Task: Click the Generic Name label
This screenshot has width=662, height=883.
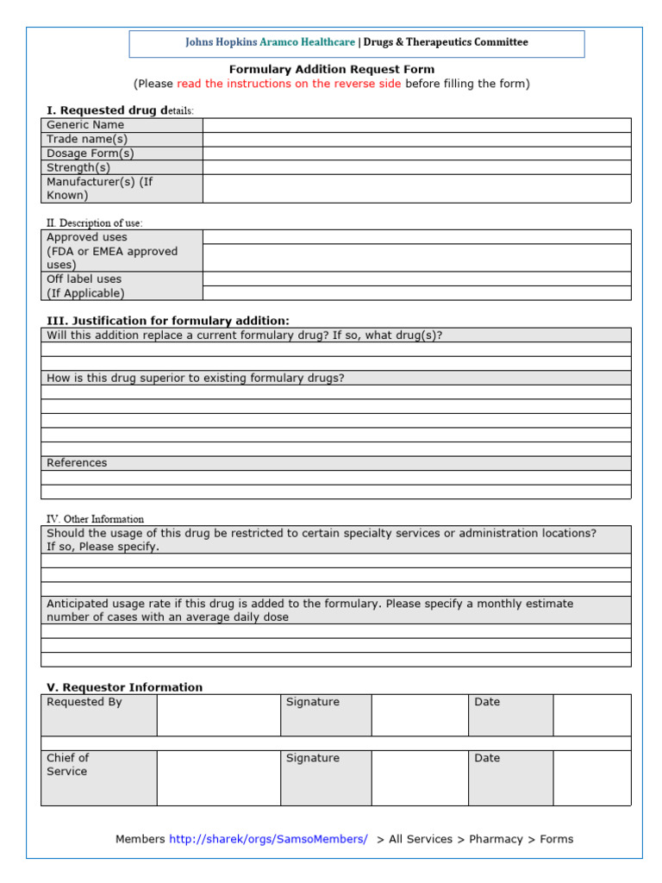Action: [x=85, y=125]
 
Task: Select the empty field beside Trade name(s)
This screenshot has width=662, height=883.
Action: [x=416, y=139]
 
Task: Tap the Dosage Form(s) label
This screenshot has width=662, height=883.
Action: [x=90, y=153]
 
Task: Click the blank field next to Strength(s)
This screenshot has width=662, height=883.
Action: [x=416, y=167]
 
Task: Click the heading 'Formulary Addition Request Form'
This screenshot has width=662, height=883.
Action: [x=331, y=69]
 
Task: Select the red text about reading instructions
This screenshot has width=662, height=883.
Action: [x=289, y=84]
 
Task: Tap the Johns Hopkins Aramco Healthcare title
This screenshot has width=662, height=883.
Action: [x=270, y=42]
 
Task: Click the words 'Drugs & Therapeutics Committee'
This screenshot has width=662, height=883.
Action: [x=446, y=42]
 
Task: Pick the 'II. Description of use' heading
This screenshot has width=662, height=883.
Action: [x=95, y=222]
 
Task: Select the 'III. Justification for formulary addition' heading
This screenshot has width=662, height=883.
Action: [x=167, y=321]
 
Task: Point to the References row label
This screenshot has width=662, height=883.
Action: [x=77, y=463]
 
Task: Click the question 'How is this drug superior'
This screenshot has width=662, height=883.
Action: [x=196, y=378]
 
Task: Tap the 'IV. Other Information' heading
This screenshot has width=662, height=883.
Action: [x=95, y=519]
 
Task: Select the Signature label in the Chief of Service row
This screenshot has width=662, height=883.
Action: [x=313, y=758]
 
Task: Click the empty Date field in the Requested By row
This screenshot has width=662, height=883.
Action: [x=591, y=714]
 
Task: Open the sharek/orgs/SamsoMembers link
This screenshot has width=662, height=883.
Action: [x=268, y=839]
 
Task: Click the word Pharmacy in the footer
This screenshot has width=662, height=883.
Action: [x=496, y=839]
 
